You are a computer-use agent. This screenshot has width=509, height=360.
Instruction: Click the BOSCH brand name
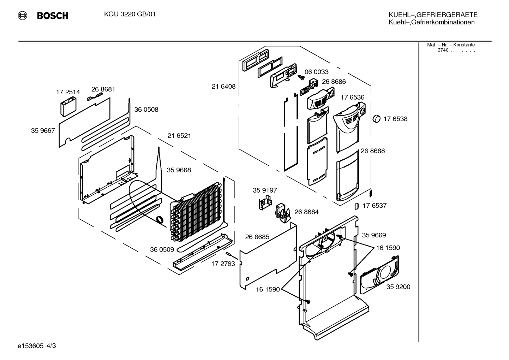[53, 16]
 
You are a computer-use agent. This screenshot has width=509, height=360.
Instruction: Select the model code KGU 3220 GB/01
[130, 14]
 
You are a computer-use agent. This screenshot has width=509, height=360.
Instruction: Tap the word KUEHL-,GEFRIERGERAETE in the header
[433, 15]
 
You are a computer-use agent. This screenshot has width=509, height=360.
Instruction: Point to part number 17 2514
[68, 92]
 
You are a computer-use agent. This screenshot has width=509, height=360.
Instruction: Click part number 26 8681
[103, 89]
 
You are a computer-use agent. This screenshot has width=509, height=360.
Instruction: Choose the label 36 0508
[146, 110]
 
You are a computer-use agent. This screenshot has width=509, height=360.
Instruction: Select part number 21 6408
[223, 87]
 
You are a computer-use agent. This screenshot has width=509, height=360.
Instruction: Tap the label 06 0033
[316, 72]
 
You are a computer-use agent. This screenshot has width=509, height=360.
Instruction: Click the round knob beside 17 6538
[377, 119]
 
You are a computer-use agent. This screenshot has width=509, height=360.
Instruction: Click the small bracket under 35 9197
[265, 203]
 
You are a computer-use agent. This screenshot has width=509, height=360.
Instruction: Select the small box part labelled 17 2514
[68, 107]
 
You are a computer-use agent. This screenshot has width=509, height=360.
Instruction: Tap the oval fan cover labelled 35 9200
[379, 275]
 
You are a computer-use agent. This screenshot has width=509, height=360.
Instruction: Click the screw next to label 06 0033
[301, 77]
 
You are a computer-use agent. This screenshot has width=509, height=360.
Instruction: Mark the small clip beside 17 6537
[357, 206]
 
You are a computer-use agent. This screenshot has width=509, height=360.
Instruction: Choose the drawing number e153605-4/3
[37, 346]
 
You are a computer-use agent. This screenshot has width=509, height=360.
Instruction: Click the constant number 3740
[443, 50]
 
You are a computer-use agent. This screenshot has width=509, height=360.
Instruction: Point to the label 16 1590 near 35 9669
[388, 248]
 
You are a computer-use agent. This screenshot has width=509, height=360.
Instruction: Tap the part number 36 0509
[162, 249]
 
